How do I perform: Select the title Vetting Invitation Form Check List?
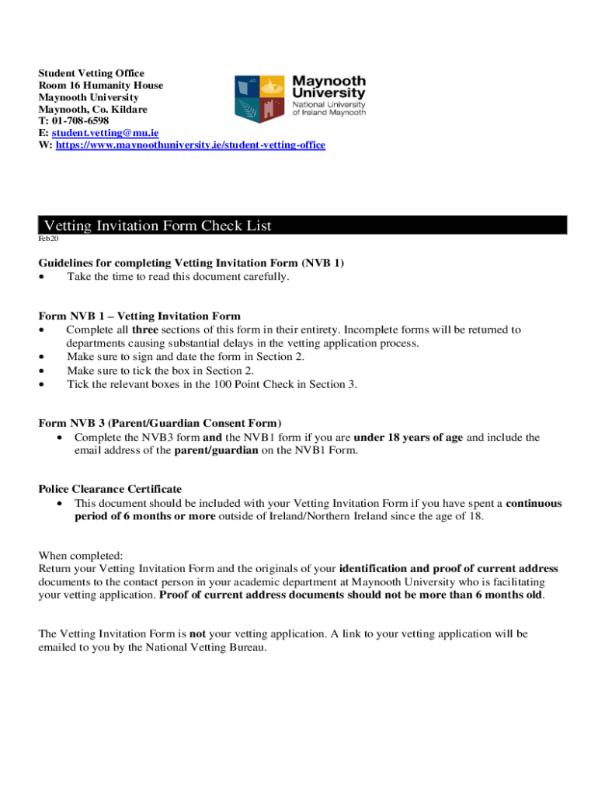[158, 225]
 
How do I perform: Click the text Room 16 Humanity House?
[101, 86]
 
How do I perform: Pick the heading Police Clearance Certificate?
[110, 489]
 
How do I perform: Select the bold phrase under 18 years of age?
[409, 438]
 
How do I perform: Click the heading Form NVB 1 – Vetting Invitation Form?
[140, 316]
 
